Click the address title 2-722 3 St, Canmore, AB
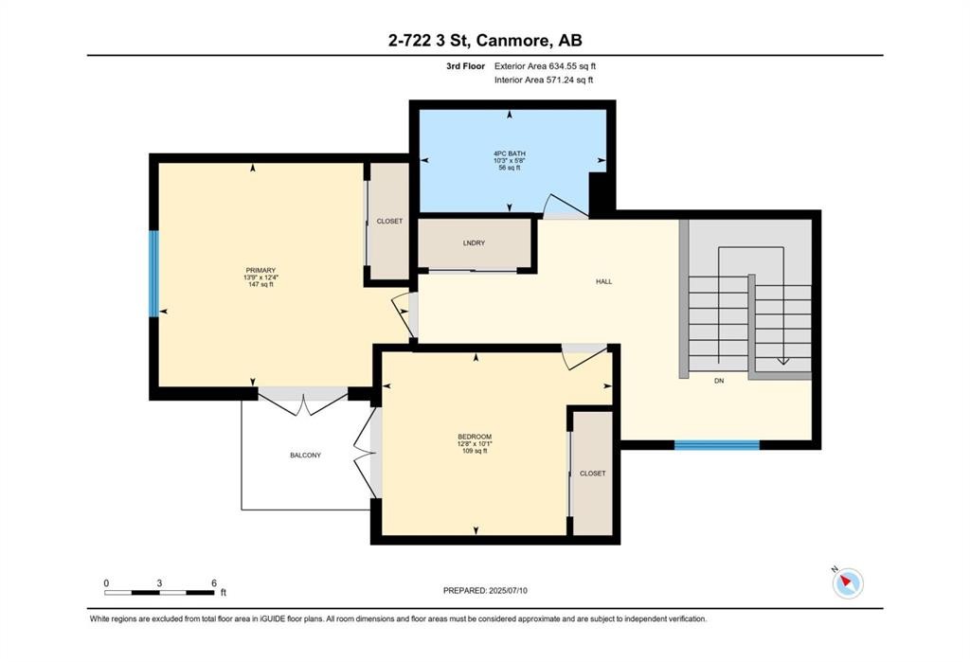point(484,40)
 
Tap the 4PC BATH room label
point(509,152)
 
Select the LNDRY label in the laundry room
point(474,243)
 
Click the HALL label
point(603,281)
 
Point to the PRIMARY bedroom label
point(260,270)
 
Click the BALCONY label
point(305,455)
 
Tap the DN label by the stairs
point(719,382)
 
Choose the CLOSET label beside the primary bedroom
point(389,221)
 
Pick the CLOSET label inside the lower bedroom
point(592,473)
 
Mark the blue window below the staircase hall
point(716,443)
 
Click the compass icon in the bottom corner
point(848,582)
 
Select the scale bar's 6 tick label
point(214,582)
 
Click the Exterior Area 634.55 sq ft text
point(545,66)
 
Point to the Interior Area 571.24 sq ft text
point(544,81)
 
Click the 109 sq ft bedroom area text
point(474,451)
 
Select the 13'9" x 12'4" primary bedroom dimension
point(260,277)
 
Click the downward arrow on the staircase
point(782,358)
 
